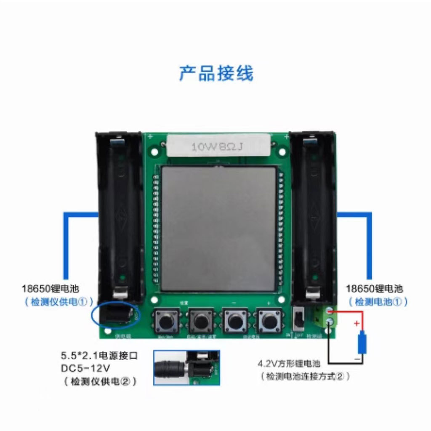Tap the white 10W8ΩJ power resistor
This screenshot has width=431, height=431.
(218, 146)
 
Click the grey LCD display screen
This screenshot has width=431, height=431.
(218, 228)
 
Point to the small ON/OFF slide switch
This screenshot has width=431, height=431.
(299, 321)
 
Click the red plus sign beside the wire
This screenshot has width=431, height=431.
(357, 324)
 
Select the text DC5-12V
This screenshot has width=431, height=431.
(85, 369)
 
